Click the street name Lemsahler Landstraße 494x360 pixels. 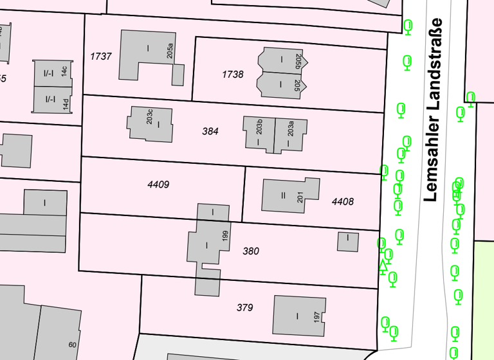435,109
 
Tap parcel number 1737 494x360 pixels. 101,57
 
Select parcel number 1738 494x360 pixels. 233,75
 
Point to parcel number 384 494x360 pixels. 210,131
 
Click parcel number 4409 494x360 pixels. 158,185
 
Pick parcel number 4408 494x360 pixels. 343,202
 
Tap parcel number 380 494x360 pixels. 251,251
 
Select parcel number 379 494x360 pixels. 244,308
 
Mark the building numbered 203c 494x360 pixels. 152,123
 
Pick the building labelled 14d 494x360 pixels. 53,100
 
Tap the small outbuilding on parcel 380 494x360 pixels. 348,242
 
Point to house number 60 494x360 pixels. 72,345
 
